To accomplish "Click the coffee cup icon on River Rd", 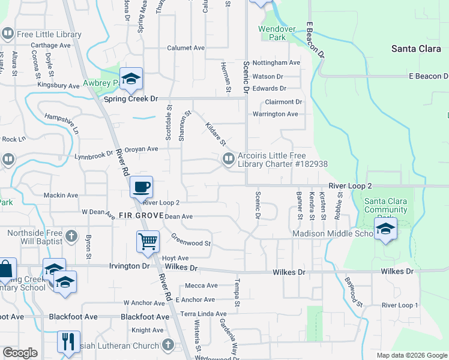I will click(141, 187).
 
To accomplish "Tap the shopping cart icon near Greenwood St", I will click(148, 242).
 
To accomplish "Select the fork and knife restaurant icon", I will click(69, 342).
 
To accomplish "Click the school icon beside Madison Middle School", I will click(385, 229).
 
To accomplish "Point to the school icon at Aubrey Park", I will click(130, 79).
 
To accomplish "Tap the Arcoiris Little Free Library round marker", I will click(228, 159).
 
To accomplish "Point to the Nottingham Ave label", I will click(276, 62).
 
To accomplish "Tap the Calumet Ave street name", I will click(186, 48).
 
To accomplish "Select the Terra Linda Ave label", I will click(204, 314).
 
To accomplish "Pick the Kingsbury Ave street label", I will click(58, 86).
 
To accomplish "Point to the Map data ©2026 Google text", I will click(411, 355).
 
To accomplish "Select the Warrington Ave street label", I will click(275, 114).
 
